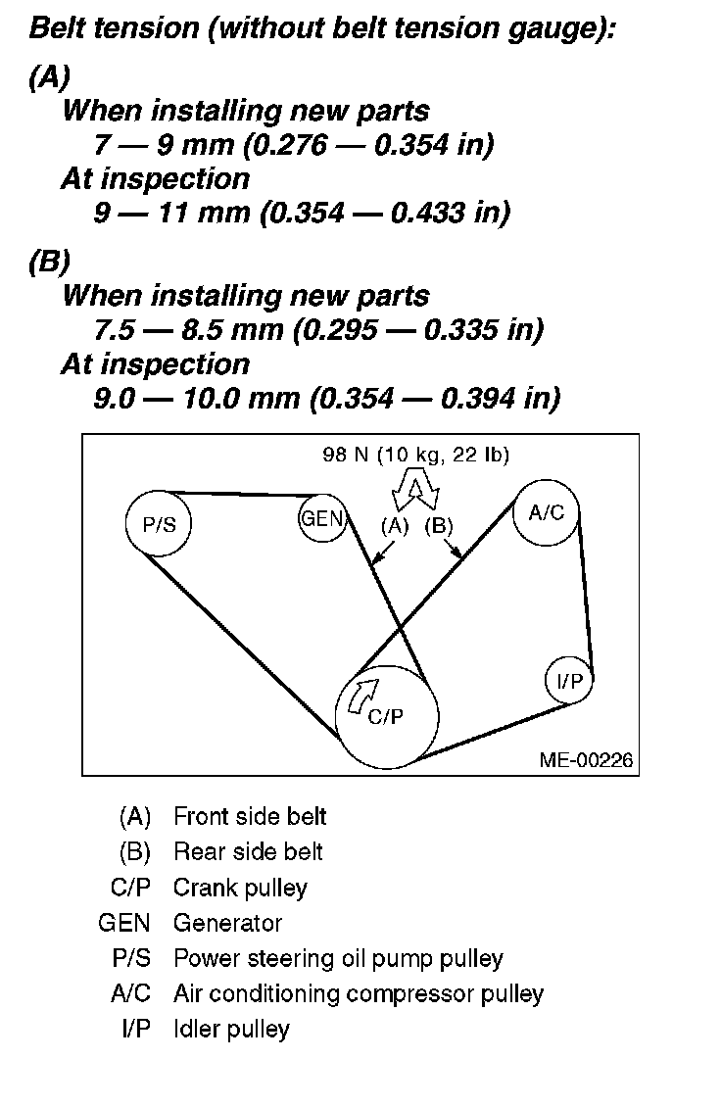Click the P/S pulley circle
point(159,523)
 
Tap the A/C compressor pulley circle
point(546,512)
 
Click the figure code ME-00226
point(585,759)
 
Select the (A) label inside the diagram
point(394,525)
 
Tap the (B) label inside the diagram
point(439,525)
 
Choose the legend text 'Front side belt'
point(250,816)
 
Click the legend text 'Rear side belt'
point(248,852)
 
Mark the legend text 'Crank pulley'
point(240,888)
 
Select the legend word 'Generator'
point(227,923)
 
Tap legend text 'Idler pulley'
point(231,1029)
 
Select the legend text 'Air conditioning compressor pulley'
point(358,993)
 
